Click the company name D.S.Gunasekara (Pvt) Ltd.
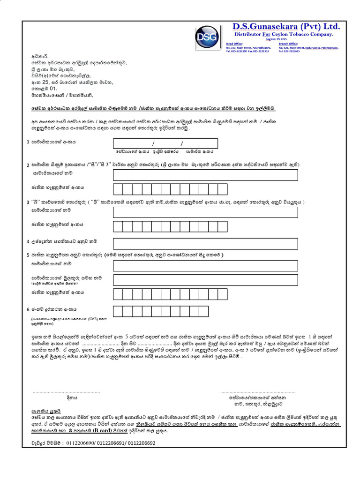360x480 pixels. point(287,26)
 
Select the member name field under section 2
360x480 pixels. point(205,175)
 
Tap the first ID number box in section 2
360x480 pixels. point(118,189)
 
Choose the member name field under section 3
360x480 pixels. point(205,212)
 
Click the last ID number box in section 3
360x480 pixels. point(223,226)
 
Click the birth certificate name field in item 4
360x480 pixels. point(205,243)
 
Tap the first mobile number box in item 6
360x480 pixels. point(118,311)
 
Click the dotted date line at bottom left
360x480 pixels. point(66,391)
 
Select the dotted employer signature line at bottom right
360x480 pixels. point(258,391)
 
